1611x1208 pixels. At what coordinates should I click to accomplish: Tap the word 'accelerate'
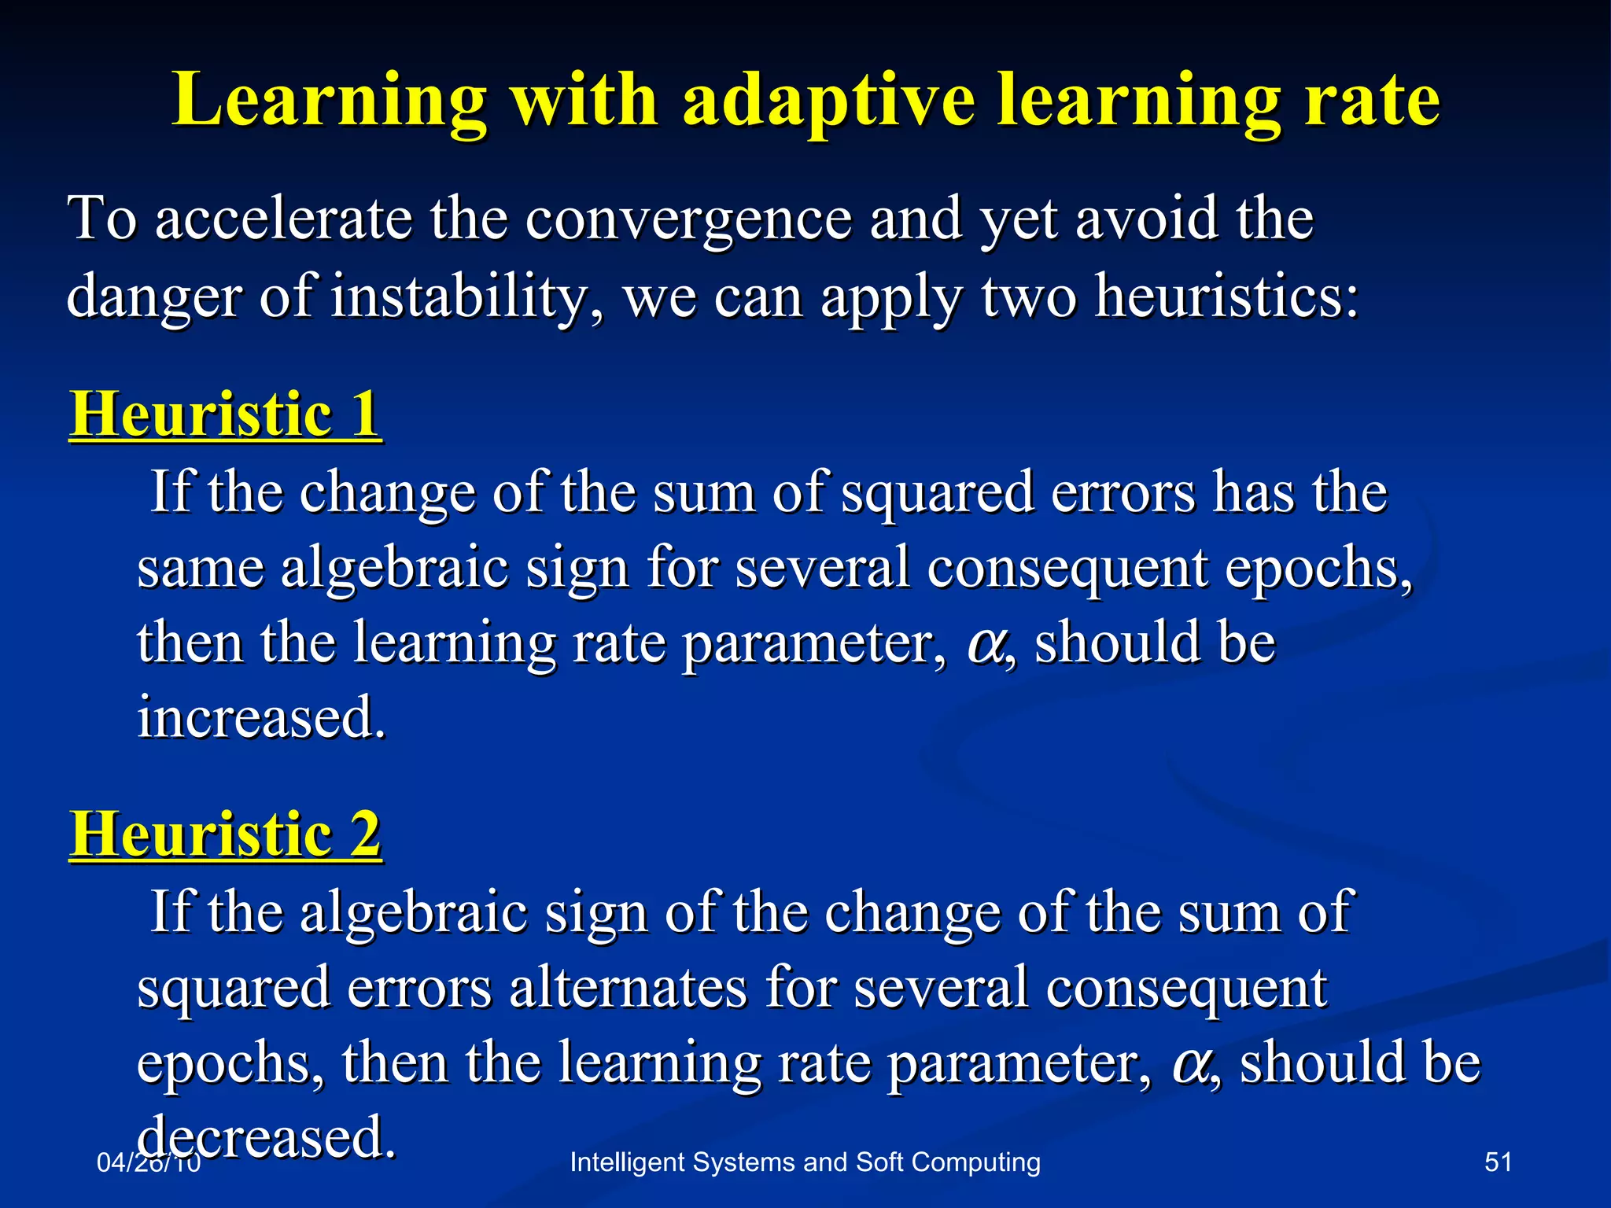tap(283, 219)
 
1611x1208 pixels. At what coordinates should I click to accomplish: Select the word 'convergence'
tap(688, 219)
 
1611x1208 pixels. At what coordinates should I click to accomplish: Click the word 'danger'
tap(153, 297)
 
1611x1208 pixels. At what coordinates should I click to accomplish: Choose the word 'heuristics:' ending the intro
tap(1227, 297)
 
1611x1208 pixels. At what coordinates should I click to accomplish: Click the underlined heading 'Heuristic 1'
tap(226, 414)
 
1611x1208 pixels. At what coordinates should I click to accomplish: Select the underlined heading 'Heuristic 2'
tap(226, 834)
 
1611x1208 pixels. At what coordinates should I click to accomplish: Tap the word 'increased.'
tap(262, 717)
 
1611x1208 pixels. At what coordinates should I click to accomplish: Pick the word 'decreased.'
tap(266, 1137)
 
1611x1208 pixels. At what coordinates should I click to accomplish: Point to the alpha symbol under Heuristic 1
tap(984, 643)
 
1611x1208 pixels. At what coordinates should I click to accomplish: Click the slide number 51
tap(1498, 1162)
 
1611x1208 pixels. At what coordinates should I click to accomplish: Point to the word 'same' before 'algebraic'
tap(200, 568)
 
